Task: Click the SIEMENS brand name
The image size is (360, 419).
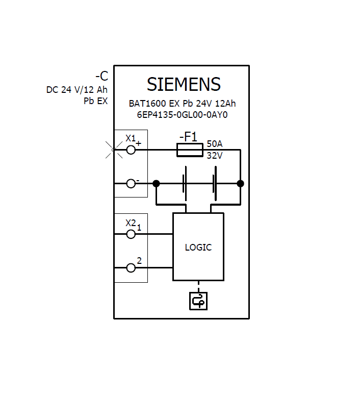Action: point(184,84)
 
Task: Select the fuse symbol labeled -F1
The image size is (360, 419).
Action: point(190,150)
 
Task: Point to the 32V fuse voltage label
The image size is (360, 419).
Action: point(214,156)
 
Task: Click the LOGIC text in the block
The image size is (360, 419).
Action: point(198,248)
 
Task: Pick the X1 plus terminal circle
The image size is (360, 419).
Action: point(131,150)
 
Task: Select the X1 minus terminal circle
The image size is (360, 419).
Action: point(131,183)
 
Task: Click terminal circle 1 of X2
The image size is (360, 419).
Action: point(131,234)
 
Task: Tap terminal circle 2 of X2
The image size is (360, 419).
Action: point(131,267)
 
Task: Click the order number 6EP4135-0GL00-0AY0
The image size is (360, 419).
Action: point(182,115)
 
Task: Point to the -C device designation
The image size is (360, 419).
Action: point(101,77)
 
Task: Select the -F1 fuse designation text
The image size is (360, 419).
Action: point(188,137)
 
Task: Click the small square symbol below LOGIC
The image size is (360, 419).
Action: point(198,301)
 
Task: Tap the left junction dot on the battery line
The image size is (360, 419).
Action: point(157,183)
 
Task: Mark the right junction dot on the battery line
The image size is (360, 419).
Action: point(240,183)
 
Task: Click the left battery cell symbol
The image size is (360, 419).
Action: point(185,183)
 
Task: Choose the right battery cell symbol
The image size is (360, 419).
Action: point(215,183)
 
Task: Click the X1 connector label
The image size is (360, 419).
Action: point(131,138)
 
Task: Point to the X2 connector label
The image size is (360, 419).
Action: point(131,223)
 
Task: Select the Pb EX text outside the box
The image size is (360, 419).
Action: point(96,101)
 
